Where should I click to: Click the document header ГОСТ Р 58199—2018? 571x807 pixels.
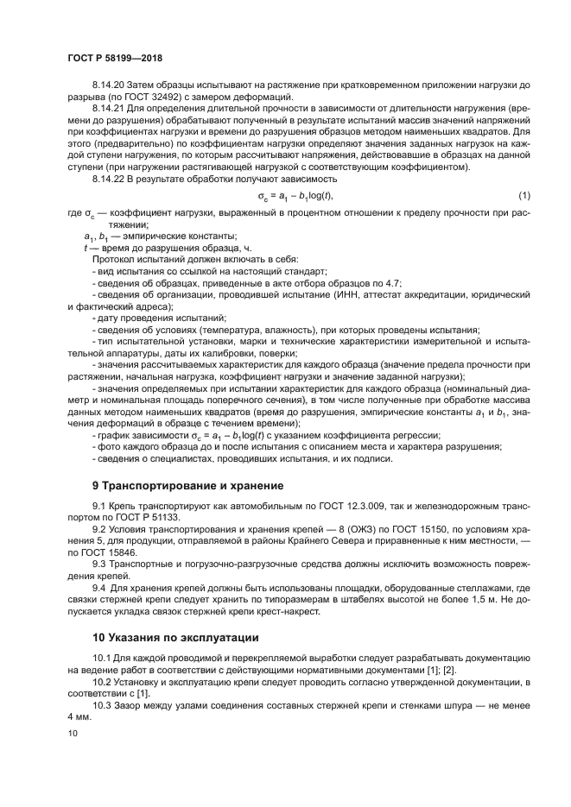(x=114, y=58)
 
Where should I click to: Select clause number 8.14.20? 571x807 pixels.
(x=110, y=85)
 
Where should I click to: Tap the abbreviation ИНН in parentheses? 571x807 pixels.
(x=343, y=294)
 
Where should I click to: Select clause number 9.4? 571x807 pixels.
(x=99, y=585)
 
